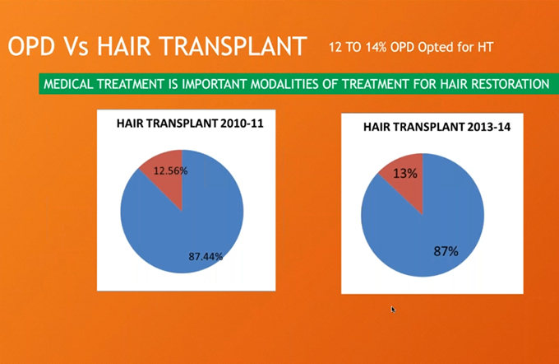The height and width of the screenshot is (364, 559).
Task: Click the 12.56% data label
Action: (x=170, y=170)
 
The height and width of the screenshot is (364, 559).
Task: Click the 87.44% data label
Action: (x=206, y=256)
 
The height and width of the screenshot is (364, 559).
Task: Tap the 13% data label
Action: (x=405, y=174)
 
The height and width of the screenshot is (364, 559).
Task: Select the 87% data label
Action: (x=446, y=251)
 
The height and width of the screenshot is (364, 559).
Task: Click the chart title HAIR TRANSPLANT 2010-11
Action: (x=190, y=124)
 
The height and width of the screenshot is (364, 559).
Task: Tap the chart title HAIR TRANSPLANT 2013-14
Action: (x=437, y=127)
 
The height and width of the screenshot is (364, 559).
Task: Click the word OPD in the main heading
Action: (x=32, y=46)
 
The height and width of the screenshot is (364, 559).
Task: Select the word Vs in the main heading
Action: (x=76, y=46)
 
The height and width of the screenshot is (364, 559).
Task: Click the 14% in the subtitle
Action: (x=377, y=47)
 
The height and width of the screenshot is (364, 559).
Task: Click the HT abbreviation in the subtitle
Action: (x=486, y=47)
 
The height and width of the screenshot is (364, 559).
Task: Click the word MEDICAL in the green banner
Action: (x=67, y=84)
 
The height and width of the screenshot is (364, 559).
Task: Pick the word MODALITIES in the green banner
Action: (x=285, y=84)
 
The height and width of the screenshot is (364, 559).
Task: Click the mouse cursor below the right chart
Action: (x=392, y=310)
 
